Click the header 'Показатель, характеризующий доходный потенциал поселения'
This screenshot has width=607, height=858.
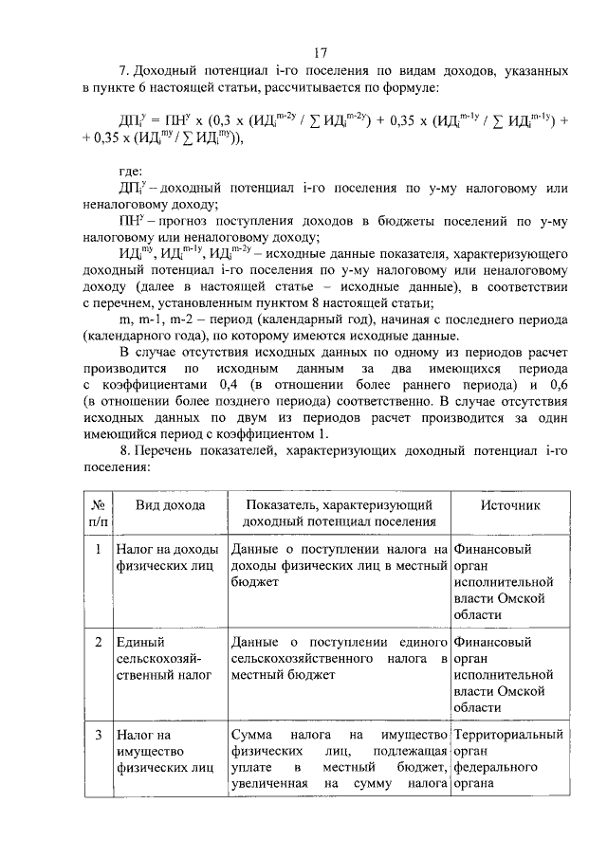pyautogui.click(x=339, y=513)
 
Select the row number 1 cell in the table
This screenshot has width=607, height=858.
pyautogui.click(x=98, y=549)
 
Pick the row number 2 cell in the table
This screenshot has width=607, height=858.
pyautogui.click(x=98, y=643)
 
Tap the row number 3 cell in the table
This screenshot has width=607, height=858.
pyautogui.click(x=98, y=735)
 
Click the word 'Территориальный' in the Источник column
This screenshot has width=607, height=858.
pyautogui.click(x=509, y=735)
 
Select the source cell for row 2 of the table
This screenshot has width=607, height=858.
pyautogui.click(x=509, y=674)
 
